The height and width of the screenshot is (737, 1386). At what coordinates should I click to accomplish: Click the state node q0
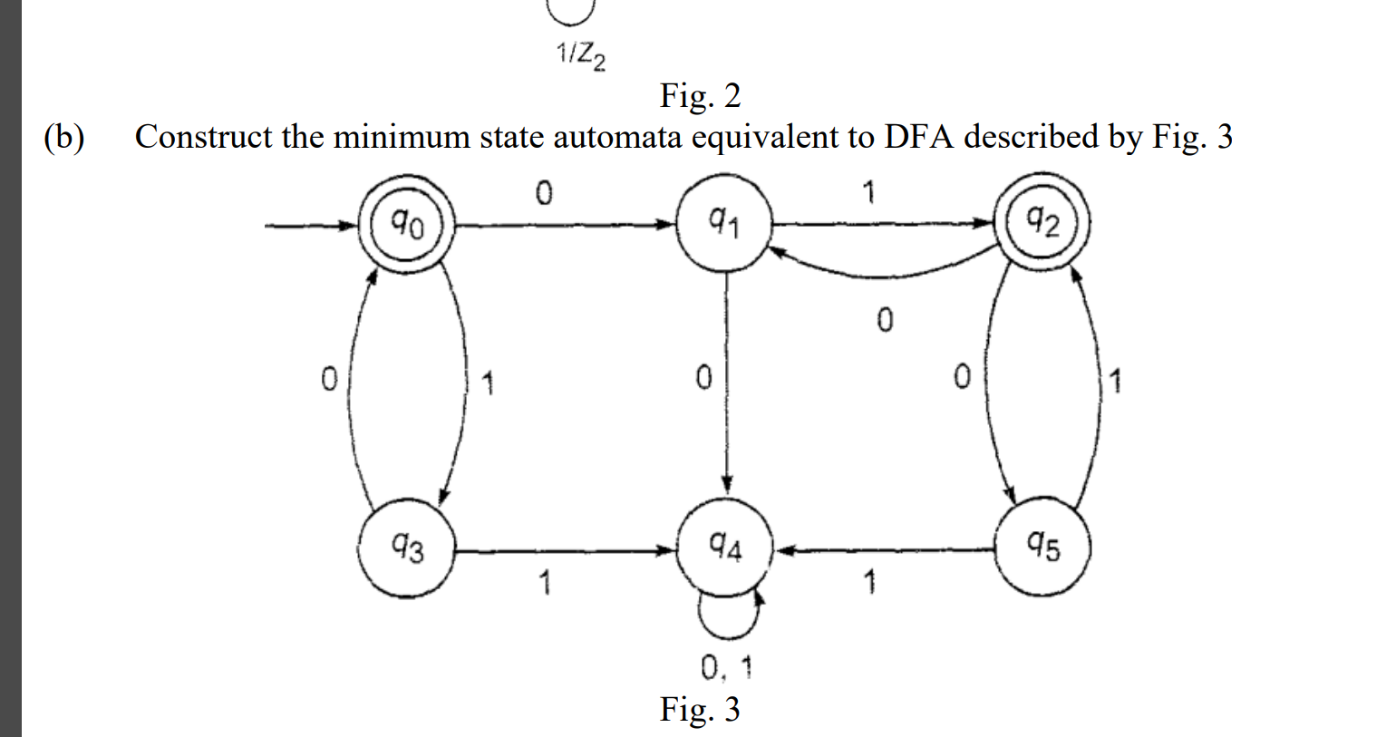coord(406,223)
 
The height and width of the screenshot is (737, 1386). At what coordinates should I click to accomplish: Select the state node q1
coord(724,223)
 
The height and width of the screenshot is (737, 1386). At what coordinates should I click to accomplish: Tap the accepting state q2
coord(1042,222)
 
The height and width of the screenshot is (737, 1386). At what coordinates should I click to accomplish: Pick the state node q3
coord(406,548)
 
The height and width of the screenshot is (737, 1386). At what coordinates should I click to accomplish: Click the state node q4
coord(724,548)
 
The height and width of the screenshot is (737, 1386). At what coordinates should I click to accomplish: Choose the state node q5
coord(1042,548)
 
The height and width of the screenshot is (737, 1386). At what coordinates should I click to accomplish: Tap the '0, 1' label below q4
coord(726,669)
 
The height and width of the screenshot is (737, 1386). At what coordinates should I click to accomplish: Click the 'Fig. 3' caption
coord(699,709)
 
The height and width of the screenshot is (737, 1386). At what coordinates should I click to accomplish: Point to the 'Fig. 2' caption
coord(700,95)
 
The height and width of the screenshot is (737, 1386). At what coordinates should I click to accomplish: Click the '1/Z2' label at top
coord(580,57)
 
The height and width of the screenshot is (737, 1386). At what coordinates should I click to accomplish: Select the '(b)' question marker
coord(64,137)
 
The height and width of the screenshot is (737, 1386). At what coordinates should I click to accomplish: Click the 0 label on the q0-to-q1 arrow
coord(543,193)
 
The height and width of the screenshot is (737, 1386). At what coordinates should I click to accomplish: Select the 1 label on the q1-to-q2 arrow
coord(868,192)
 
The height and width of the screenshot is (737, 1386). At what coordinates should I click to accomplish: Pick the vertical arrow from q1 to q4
coord(726,381)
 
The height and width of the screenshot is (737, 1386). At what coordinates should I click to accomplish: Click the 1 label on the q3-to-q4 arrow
coord(544,583)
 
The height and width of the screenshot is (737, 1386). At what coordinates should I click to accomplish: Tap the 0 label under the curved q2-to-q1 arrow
coord(885,320)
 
